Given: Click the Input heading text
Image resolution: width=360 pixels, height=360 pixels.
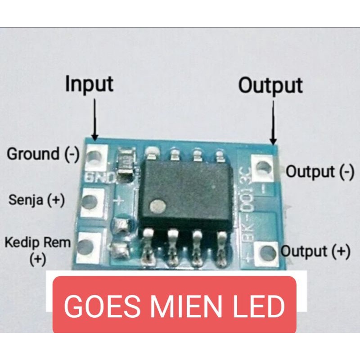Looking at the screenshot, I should pyautogui.click(x=89, y=85).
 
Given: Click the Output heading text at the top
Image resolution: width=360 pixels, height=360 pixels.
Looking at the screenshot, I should pyautogui.click(x=270, y=85).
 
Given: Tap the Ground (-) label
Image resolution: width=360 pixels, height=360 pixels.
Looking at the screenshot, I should pyautogui.click(x=43, y=154).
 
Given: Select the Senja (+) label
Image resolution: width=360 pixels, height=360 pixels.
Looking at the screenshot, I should pyautogui.click(x=36, y=200).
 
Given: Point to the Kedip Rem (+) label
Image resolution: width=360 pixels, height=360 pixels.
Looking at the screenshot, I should pyautogui.click(x=38, y=250).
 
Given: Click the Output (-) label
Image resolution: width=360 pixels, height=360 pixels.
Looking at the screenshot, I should pyautogui.click(x=320, y=171).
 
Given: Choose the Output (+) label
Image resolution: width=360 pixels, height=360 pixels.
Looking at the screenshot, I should pyautogui.click(x=315, y=252).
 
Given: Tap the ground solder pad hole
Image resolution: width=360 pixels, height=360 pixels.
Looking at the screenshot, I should pyautogui.click(x=94, y=157).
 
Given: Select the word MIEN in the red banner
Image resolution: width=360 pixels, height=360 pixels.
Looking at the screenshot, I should pyautogui.click(x=183, y=306).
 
